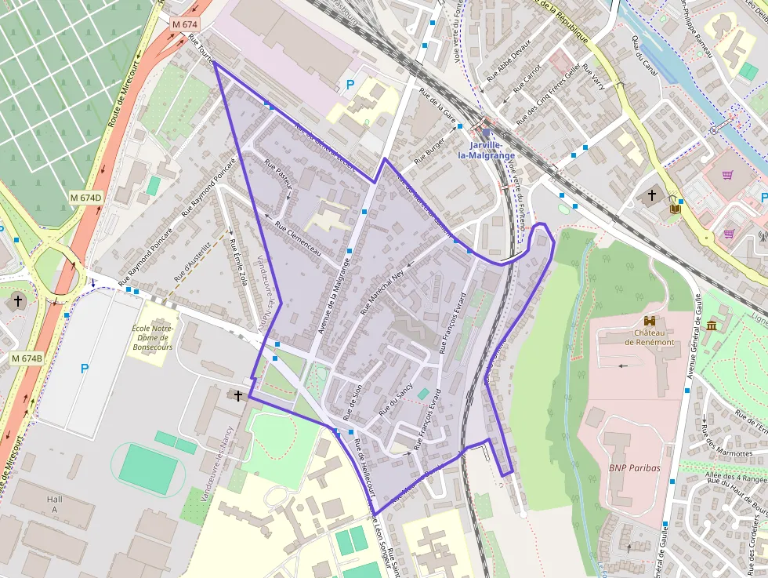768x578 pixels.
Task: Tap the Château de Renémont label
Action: pyautogui.click(x=650, y=336)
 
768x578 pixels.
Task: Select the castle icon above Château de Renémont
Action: pyautogui.click(x=649, y=321)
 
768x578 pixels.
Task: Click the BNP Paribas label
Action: pyautogui.click(x=635, y=468)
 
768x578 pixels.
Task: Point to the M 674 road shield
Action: pyautogui.click(x=184, y=24)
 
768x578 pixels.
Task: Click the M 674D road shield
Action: pyautogui.click(x=86, y=197)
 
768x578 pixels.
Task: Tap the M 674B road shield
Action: pyautogui.click(x=27, y=358)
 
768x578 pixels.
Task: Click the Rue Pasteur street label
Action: pyautogui.click(x=279, y=173)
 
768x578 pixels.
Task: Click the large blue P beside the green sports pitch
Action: pyautogui.click(x=85, y=369)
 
